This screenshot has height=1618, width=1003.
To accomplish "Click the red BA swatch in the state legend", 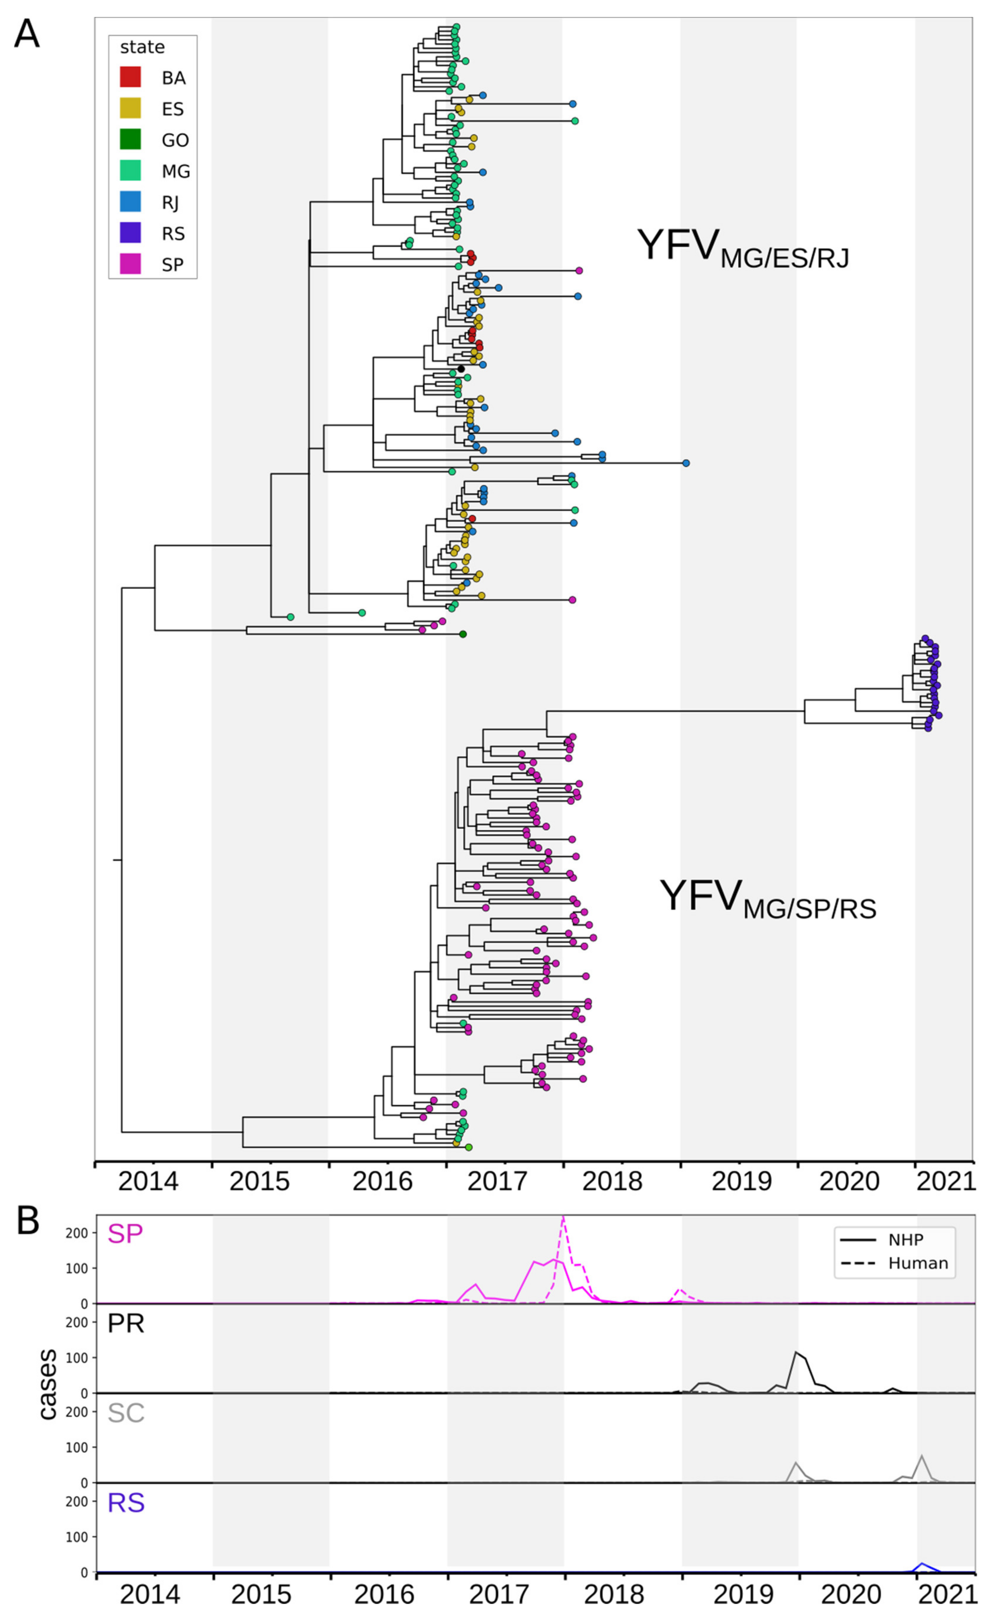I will (130, 77).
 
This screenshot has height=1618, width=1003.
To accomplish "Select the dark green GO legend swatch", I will (130, 139).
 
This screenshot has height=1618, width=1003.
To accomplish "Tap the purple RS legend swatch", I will (130, 233).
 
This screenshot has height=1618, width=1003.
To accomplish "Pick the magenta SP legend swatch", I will (130, 264).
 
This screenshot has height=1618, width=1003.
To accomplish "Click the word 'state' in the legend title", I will (142, 47).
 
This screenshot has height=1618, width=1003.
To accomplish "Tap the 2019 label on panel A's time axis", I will (741, 1181).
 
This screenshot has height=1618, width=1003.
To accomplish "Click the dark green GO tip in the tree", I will (463, 634).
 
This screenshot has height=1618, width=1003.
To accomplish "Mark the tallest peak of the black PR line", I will (796, 1352).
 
